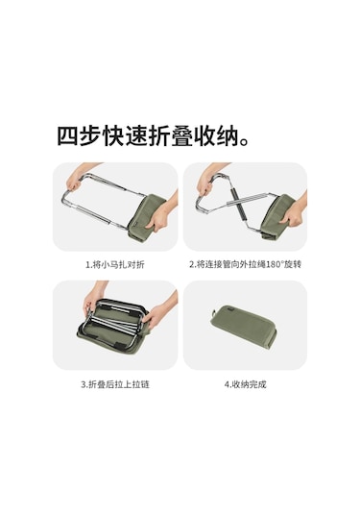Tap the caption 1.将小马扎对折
pos(115,264)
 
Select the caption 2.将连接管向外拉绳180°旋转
pos(246,264)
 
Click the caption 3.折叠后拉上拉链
pos(115,384)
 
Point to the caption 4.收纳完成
pos(246,384)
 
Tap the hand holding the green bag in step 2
pos(292,214)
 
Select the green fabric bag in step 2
pos(278,216)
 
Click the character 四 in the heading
pos(68,136)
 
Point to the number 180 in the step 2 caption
pos(270,264)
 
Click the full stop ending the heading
pos(244,142)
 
